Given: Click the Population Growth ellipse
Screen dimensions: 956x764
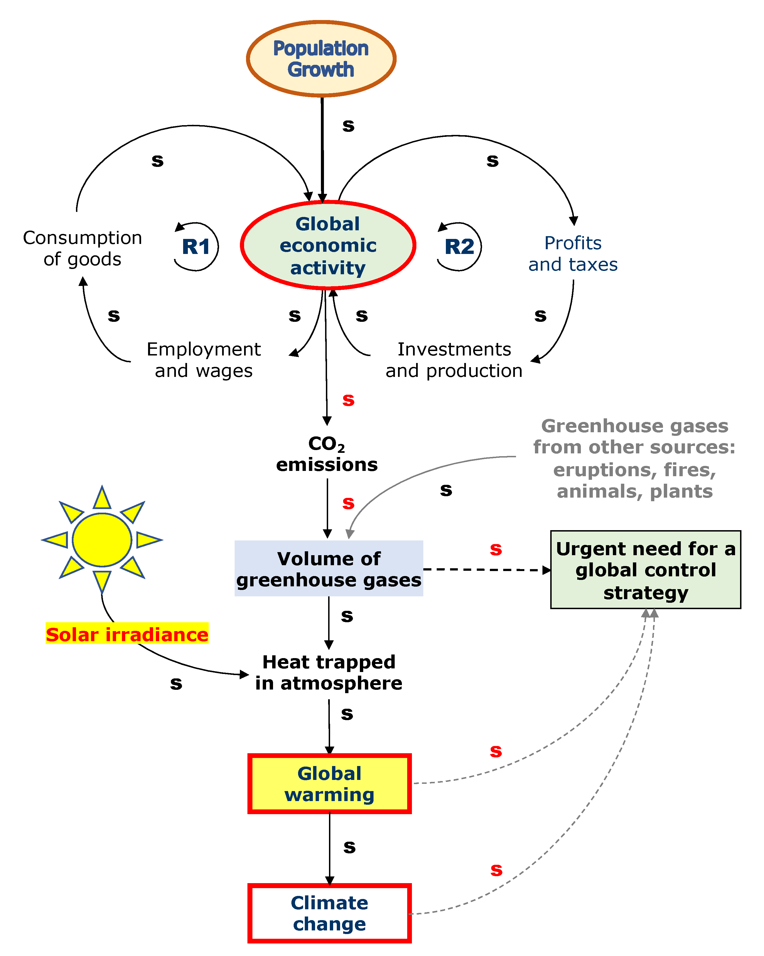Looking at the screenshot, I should coord(321,58).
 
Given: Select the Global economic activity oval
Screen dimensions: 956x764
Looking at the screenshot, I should coord(328,245).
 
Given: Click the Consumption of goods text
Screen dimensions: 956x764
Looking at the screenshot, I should coord(82,248).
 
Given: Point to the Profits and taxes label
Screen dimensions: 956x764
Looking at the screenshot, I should coord(573,254).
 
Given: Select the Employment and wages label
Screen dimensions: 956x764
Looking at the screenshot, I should coord(204,360).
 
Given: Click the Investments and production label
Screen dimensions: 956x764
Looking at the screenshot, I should coord(454,360).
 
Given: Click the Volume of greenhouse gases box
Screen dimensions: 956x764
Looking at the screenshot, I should coord(329,569).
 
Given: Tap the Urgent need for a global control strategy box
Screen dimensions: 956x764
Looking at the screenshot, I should coord(645,570).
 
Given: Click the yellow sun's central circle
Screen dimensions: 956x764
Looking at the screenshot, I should coord(102,540).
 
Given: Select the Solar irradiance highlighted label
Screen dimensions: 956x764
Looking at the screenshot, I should coord(127,634).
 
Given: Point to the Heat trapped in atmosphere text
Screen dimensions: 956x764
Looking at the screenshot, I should coord(329,672).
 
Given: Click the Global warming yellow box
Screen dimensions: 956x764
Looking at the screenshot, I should coord(329,784).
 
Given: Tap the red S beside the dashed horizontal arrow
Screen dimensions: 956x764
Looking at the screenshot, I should coord(496,549).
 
